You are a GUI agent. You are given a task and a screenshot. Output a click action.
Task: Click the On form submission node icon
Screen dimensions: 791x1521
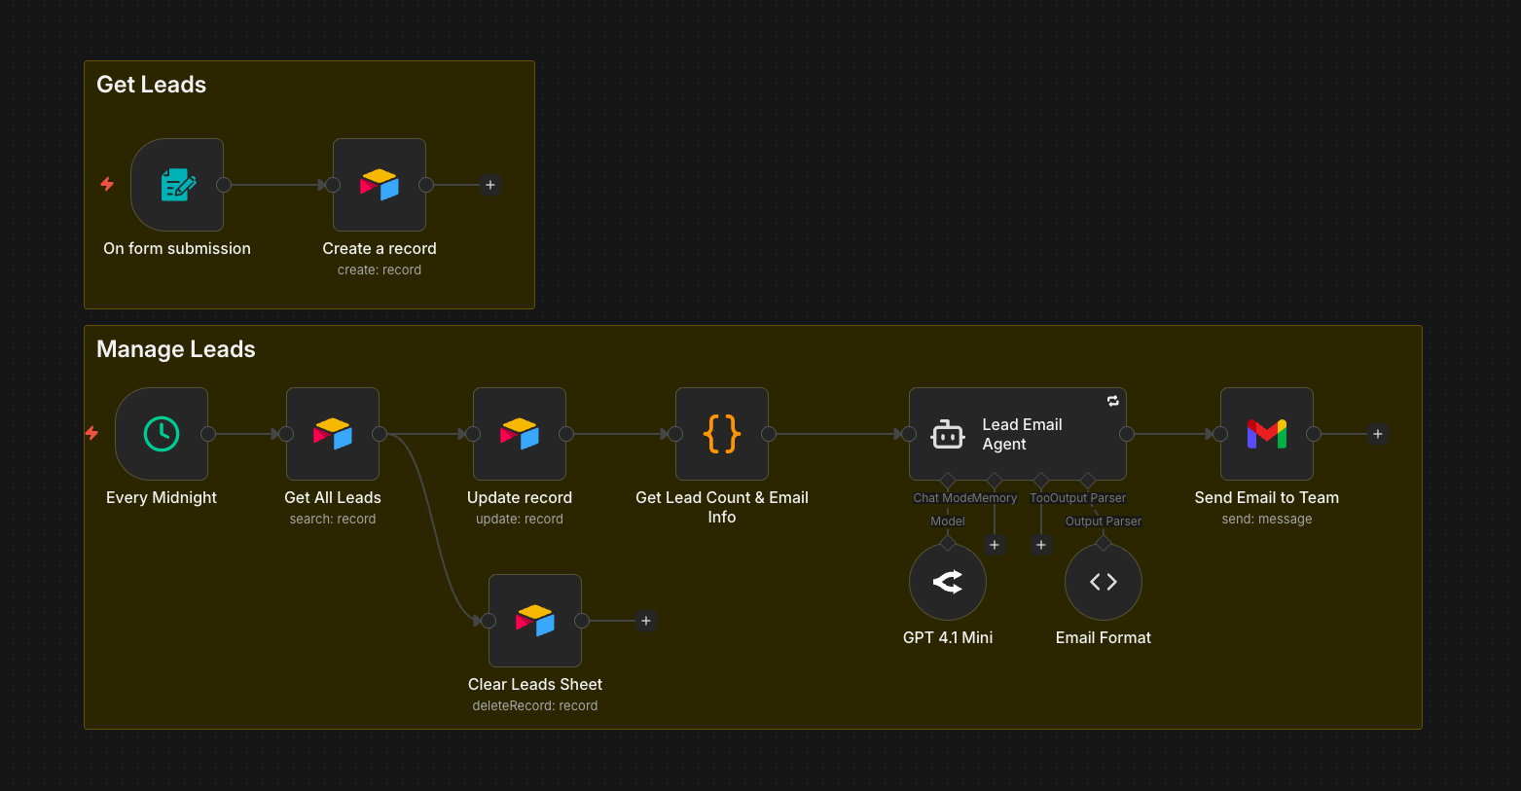coord(177,185)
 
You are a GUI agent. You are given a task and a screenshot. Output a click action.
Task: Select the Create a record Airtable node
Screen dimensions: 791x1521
coord(380,185)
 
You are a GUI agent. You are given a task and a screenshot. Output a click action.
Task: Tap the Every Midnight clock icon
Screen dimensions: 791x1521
coord(162,434)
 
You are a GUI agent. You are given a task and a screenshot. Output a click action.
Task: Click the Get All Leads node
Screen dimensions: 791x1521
coord(333,434)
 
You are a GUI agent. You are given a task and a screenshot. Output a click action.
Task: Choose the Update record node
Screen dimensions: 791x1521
coord(520,434)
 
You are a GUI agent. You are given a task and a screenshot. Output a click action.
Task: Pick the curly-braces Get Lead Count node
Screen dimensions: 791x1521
coord(722,434)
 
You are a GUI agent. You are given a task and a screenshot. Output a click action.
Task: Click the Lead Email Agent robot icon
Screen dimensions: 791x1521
coord(948,435)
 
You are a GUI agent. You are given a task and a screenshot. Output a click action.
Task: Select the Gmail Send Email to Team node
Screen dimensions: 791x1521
coord(1267,434)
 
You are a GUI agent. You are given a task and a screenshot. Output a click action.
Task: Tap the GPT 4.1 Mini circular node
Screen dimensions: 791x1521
coord(948,582)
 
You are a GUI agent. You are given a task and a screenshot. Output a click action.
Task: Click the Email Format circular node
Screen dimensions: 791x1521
coord(1104,582)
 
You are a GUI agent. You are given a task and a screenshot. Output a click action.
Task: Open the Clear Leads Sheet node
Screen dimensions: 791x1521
coord(535,621)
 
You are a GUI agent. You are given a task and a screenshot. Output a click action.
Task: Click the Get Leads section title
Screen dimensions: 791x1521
coord(152,85)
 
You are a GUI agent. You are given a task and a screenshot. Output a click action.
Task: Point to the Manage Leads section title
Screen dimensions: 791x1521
coord(176,349)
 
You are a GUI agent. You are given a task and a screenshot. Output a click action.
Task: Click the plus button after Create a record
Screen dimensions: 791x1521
coord(490,185)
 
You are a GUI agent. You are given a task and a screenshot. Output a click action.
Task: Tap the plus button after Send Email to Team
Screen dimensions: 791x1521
coord(1378,434)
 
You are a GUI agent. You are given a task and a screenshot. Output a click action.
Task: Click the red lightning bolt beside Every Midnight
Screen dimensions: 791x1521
coord(92,433)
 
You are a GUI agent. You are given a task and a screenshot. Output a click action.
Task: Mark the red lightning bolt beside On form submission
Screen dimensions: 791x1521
coord(107,184)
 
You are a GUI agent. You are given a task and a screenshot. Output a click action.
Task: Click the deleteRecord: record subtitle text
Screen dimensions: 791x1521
coord(535,706)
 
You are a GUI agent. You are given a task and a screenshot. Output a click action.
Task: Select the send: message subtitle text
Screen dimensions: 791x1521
coord(1267,520)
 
